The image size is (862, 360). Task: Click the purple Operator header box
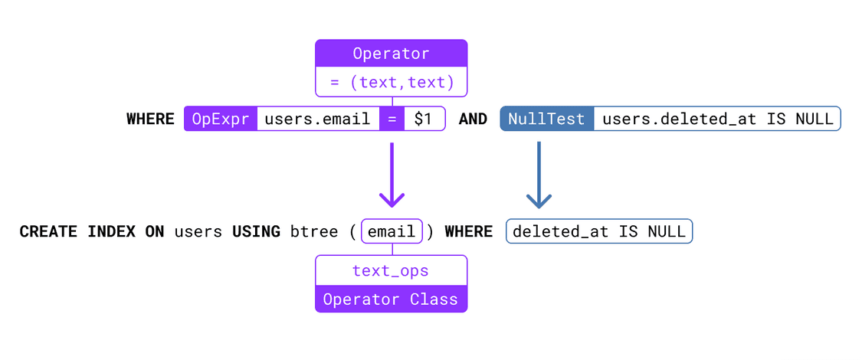click(x=391, y=54)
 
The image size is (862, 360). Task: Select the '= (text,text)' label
click(x=391, y=82)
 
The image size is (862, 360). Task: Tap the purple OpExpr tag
click(x=221, y=119)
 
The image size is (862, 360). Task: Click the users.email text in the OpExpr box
click(x=317, y=119)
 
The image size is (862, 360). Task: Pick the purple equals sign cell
click(x=392, y=119)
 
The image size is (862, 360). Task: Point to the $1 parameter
click(x=424, y=119)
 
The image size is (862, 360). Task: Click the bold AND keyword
click(x=473, y=119)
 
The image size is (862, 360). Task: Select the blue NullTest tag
click(x=546, y=119)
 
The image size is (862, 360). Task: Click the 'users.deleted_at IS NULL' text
click(x=717, y=119)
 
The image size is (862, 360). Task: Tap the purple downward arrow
click(x=392, y=176)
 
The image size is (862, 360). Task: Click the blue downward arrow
click(x=539, y=176)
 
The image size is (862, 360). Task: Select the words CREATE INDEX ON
click(x=92, y=231)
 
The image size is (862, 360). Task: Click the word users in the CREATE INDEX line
click(x=198, y=231)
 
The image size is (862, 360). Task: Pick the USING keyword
click(x=256, y=231)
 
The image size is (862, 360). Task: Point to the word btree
click(x=314, y=231)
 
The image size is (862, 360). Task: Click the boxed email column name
click(x=392, y=231)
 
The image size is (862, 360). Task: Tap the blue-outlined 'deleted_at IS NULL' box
click(x=599, y=231)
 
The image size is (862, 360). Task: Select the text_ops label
click(x=391, y=270)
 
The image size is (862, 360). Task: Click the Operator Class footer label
click(x=391, y=299)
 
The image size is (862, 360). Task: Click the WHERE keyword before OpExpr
click(x=150, y=119)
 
